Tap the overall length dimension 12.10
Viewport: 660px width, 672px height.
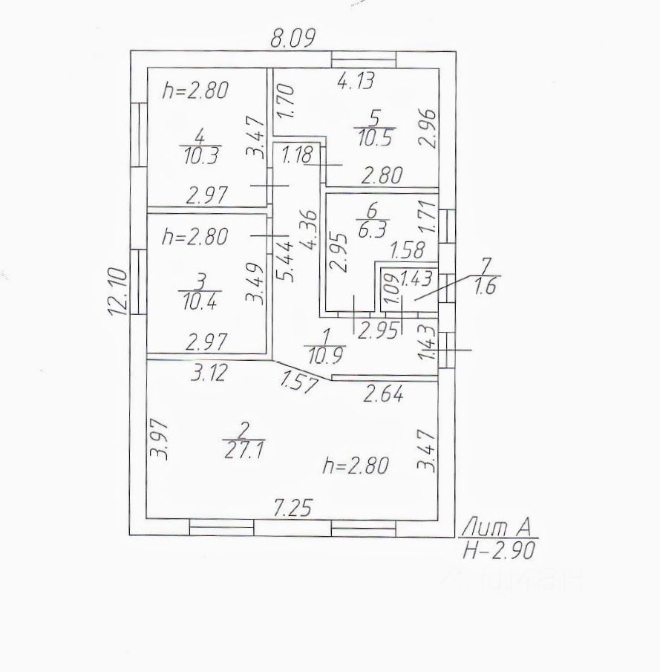click(x=118, y=292)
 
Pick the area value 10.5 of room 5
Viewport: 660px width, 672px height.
click(x=375, y=137)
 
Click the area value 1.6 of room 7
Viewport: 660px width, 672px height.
click(x=484, y=287)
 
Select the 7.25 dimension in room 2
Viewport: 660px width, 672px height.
click(x=293, y=508)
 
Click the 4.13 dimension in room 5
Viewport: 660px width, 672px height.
click(x=356, y=82)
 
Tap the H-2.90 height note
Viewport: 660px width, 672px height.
click(x=498, y=550)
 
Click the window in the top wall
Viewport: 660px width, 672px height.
click(x=364, y=59)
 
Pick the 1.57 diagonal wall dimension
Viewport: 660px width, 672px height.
click(x=299, y=383)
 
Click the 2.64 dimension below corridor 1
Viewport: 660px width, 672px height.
click(x=383, y=394)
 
